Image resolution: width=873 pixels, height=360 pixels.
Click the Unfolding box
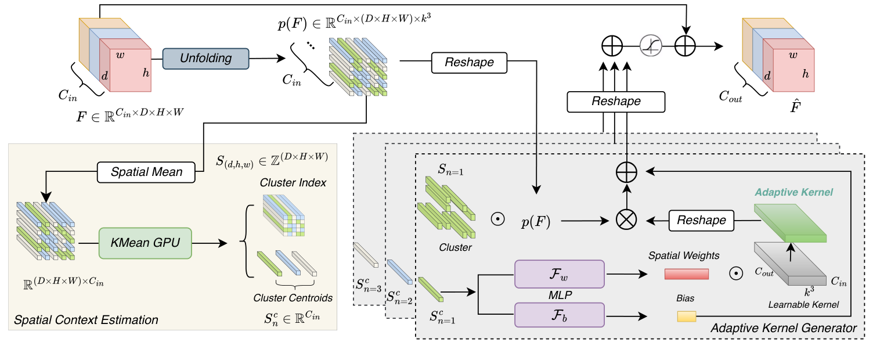pyautogui.click(x=205, y=59)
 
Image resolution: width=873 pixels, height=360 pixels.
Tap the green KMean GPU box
pyautogui.click(x=145, y=243)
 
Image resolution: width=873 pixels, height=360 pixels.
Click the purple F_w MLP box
pyautogui.click(x=560, y=273)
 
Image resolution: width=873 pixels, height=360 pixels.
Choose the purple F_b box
pyautogui.click(x=560, y=317)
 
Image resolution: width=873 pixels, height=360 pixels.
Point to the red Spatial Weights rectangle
pyautogui.click(x=687, y=274)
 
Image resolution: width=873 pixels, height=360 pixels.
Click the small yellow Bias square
pyautogui.click(x=686, y=316)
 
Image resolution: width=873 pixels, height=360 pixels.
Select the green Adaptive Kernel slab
pyautogui.click(x=789, y=224)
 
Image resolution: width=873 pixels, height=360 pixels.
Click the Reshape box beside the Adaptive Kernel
pyautogui.click(x=702, y=220)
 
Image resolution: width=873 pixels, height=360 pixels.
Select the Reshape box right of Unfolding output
pyautogui.click(x=469, y=63)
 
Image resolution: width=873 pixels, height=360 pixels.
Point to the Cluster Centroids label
pyautogui.click(x=293, y=298)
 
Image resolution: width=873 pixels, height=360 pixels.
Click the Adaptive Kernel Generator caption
pyautogui.click(x=783, y=329)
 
